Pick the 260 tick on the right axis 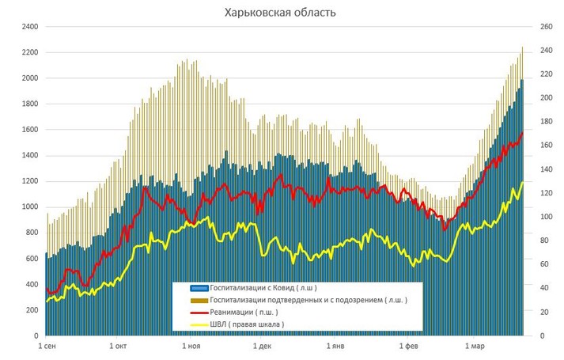pyautogui.click(x=543, y=27)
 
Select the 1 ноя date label pyautogui.click(x=191, y=347)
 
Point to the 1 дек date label pyautogui.click(x=262, y=347)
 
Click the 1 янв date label pyautogui.click(x=335, y=347)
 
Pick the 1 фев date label pyautogui.click(x=408, y=347)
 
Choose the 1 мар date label pyautogui.click(x=475, y=347)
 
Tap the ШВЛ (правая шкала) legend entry pyautogui.click(x=248, y=324)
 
